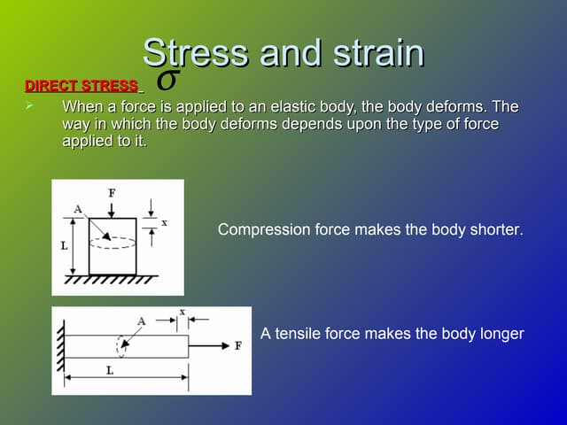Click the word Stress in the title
point(193,54)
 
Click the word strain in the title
point(375,54)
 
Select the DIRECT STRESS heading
point(82,86)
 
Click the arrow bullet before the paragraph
point(29,106)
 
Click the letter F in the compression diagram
point(112,192)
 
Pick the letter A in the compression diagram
point(78,209)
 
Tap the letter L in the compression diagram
point(64,246)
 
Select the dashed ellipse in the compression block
point(112,242)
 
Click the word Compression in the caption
point(264,229)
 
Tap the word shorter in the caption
point(496,229)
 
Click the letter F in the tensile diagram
point(237,345)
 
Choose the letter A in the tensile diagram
point(142,321)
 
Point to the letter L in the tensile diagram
point(110,371)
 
